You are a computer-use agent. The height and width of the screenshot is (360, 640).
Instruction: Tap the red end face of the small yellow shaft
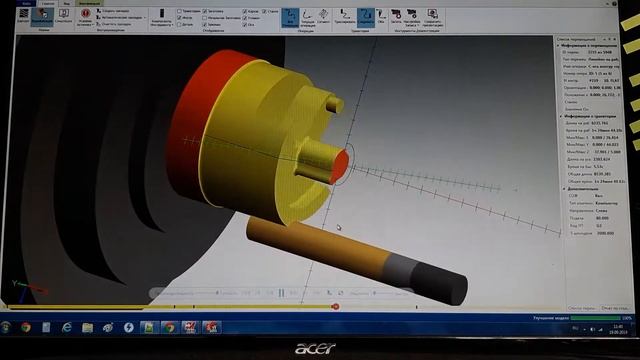click(341, 161)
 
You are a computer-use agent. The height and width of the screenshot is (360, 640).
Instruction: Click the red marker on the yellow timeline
click(335, 306)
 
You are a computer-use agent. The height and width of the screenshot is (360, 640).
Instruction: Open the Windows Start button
click(7, 327)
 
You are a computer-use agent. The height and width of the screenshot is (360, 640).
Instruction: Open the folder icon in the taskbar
click(87, 327)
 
